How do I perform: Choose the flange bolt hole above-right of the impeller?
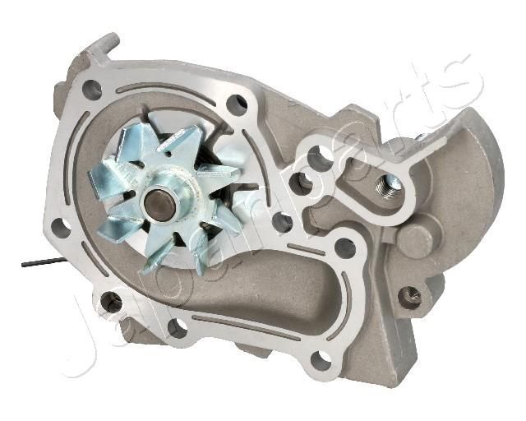coord(237,104)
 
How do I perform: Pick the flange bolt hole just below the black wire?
coord(110,303)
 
